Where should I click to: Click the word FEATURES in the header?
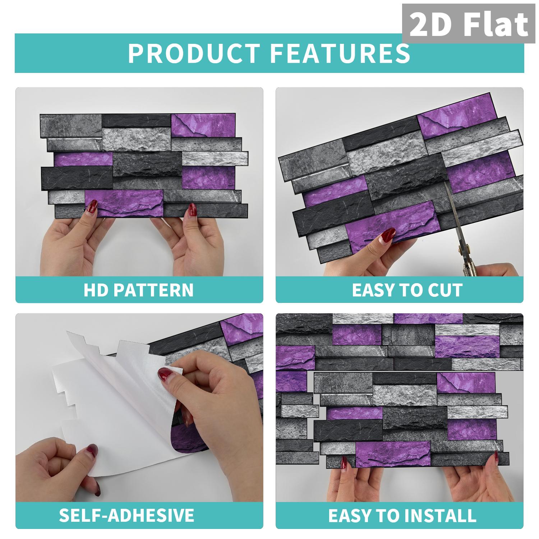340,53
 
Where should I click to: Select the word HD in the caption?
96,290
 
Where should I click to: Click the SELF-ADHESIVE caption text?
126,515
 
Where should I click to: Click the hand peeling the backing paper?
201,388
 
